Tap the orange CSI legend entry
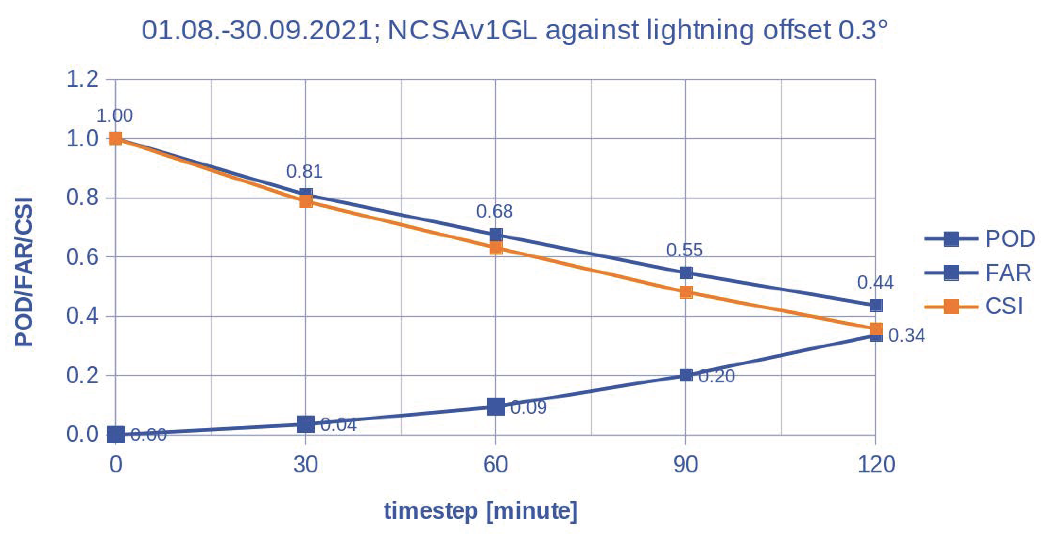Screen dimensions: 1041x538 pyautogui.click(x=974, y=306)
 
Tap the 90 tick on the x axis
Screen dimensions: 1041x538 pyautogui.click(x=685, y=464)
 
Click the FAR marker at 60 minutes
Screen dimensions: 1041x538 pyautogui.click(x=495, y=407)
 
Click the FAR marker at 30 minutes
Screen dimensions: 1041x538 pyautogui.click(x=306, y=424)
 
